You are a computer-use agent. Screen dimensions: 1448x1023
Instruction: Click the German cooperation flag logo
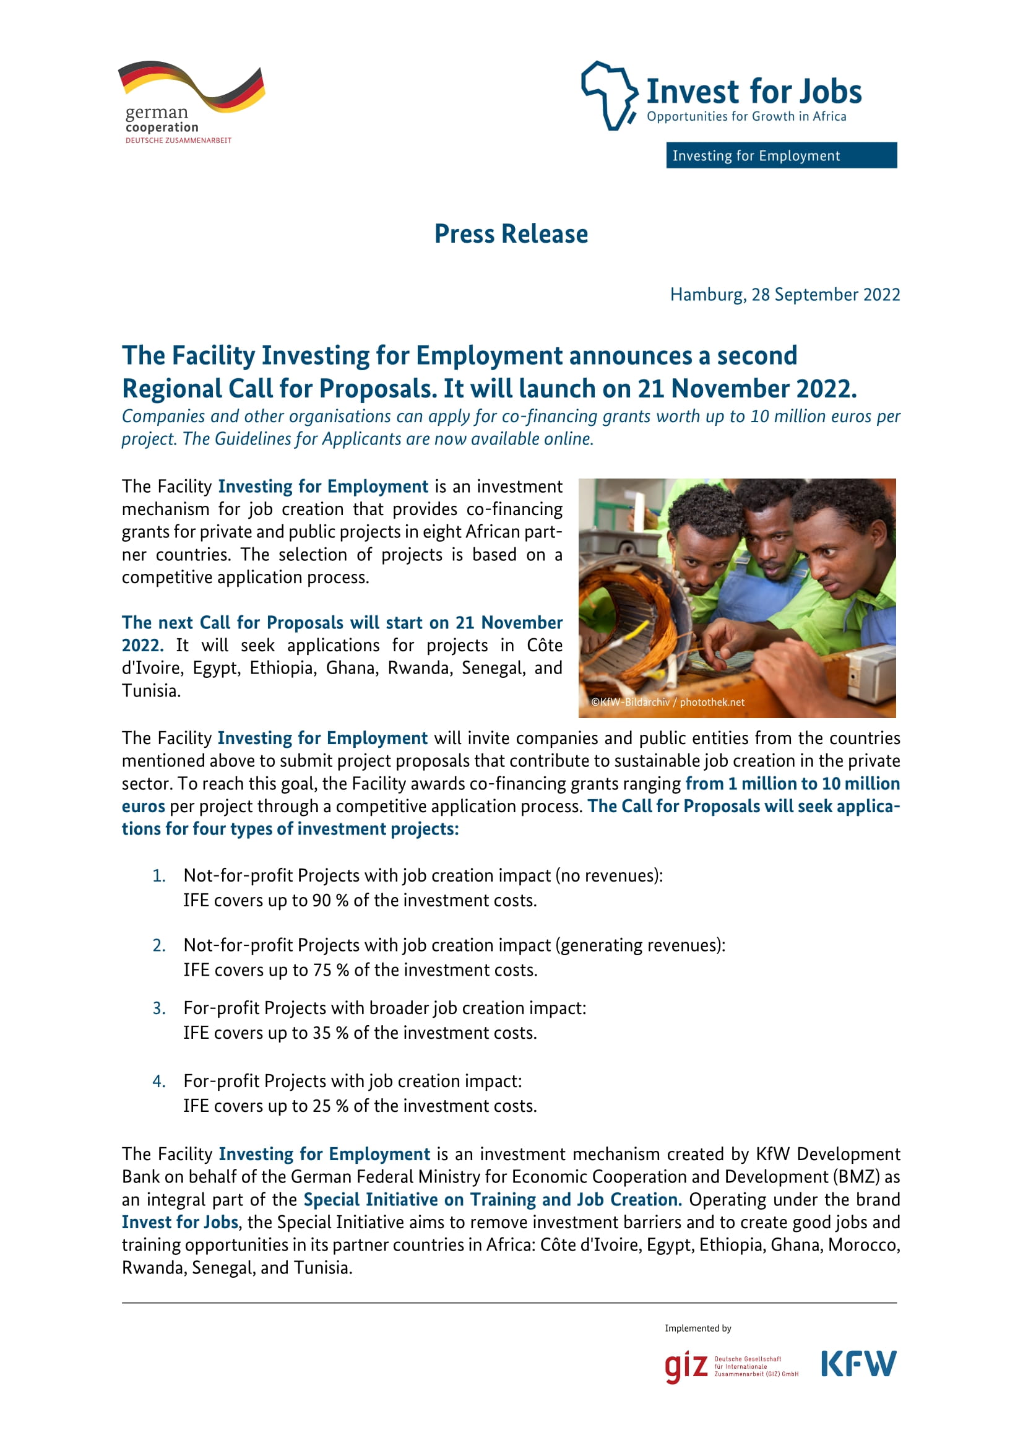pyautogui.click(x=192, y=87)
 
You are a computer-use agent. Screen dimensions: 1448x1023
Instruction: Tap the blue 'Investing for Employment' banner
pyautogui.click(x=781, y=155)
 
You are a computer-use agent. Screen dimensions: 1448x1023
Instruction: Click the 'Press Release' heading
pyautogui.click(x=511, y=234)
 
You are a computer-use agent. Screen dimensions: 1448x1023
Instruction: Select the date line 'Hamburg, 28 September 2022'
pyautogui.click(x=784, y=295)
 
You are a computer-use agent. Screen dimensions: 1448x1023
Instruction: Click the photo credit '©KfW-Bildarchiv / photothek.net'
pyautogui.click(x=668, y=702)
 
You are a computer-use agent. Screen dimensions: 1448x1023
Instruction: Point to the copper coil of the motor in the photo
pyautogui.click(x=621, y=612)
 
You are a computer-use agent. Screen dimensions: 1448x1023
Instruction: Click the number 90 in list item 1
pyautogui.click(x=321, y=901)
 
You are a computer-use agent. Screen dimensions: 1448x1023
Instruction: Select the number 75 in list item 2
pyautogui.click(x=322, y=970)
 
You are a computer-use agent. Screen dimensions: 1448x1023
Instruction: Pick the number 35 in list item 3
pyautogui.click(x=321, y=1033)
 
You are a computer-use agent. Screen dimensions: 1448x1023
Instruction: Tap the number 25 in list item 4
pyautogui.click(x=321, y=1106)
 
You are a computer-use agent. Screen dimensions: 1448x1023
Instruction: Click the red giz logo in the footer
pyautogui.click(x=686, y=1366)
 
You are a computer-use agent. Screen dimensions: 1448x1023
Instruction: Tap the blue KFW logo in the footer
pyautogui.click(x=858, y=1364)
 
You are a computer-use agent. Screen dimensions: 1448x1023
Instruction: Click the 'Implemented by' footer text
pyautogui.click(x=697, y=1328)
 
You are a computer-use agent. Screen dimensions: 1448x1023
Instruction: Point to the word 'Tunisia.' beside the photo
pyautogui.click(x=151, y=691)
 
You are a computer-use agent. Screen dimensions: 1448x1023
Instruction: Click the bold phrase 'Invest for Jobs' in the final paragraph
pyautogui.click(x=180, y=1222)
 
